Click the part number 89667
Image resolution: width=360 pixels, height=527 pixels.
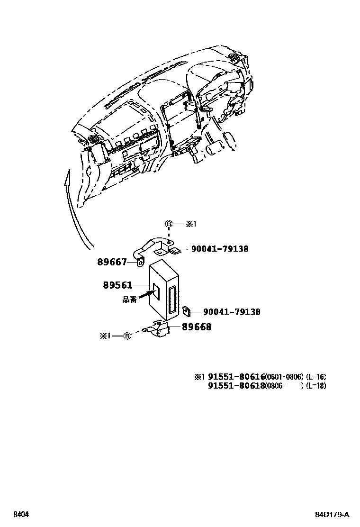click(x=113, y=261)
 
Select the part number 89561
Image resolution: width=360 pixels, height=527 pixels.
click(x=117, y=285)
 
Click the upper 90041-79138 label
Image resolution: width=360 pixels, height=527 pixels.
click(x=220, y=248)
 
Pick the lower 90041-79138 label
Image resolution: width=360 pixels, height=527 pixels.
click(x=232, y=312)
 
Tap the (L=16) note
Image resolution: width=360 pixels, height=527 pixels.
click(x=316, y=377)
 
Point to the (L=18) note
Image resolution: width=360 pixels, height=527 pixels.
click(x=316, y=385)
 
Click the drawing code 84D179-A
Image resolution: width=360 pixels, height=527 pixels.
click(x=333, y=514)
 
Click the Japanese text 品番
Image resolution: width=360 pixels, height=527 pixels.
click(x=129, y=300)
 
